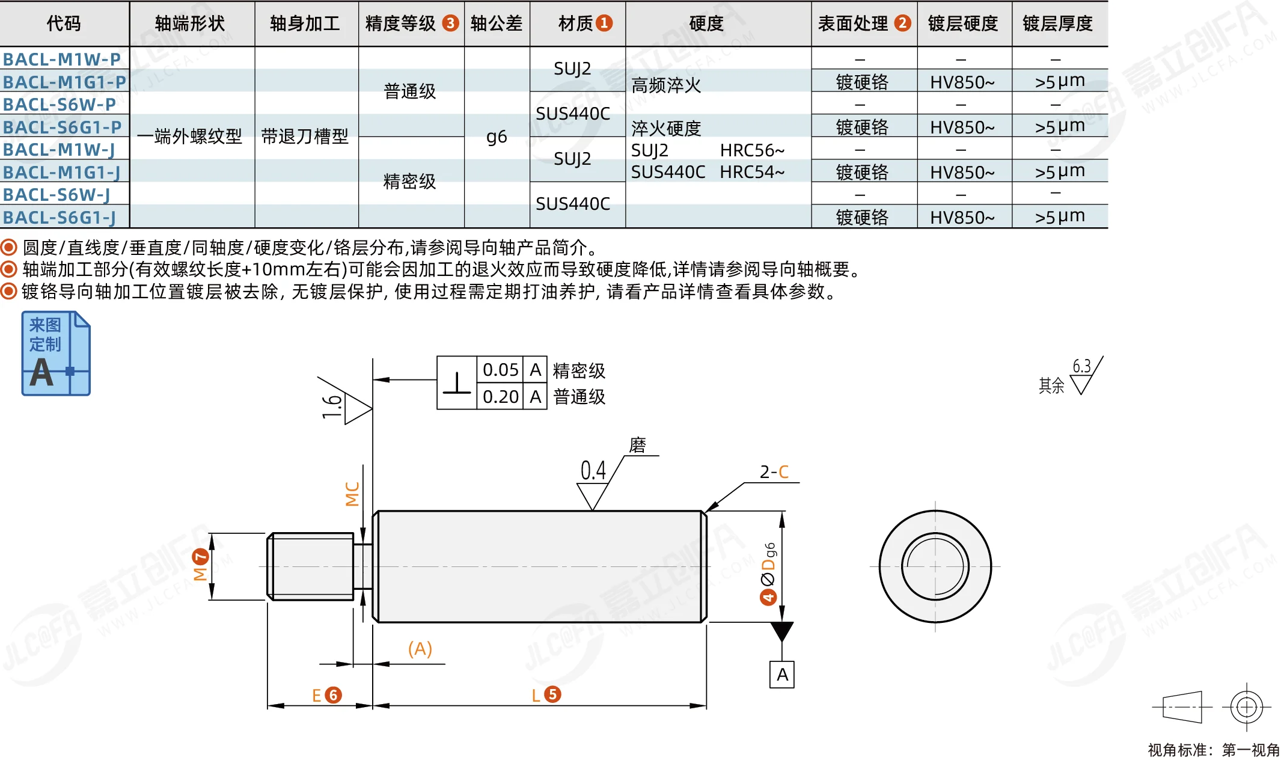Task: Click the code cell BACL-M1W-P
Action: (62, 60)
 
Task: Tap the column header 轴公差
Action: (497, 23)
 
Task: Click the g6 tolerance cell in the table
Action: (497, 137)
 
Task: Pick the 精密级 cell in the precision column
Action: (410, 181)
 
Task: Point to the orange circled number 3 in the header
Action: (450, 23)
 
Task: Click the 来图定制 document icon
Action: (56, 353)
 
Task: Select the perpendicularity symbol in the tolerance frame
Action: (457, 383)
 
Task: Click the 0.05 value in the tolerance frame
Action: (500, 370)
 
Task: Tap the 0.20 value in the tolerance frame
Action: (500, 397)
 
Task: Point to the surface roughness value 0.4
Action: (593, 470)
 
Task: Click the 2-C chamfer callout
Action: (774, 472)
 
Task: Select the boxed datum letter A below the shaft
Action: (782, 675)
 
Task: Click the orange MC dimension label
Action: (352, 494)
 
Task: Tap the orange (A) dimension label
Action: (420, 649)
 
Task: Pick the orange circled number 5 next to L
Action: (552, 694)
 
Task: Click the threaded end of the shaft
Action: (310, 566)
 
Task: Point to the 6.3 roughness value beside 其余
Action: (1081, 366)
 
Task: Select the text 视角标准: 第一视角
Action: (1214, 750)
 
